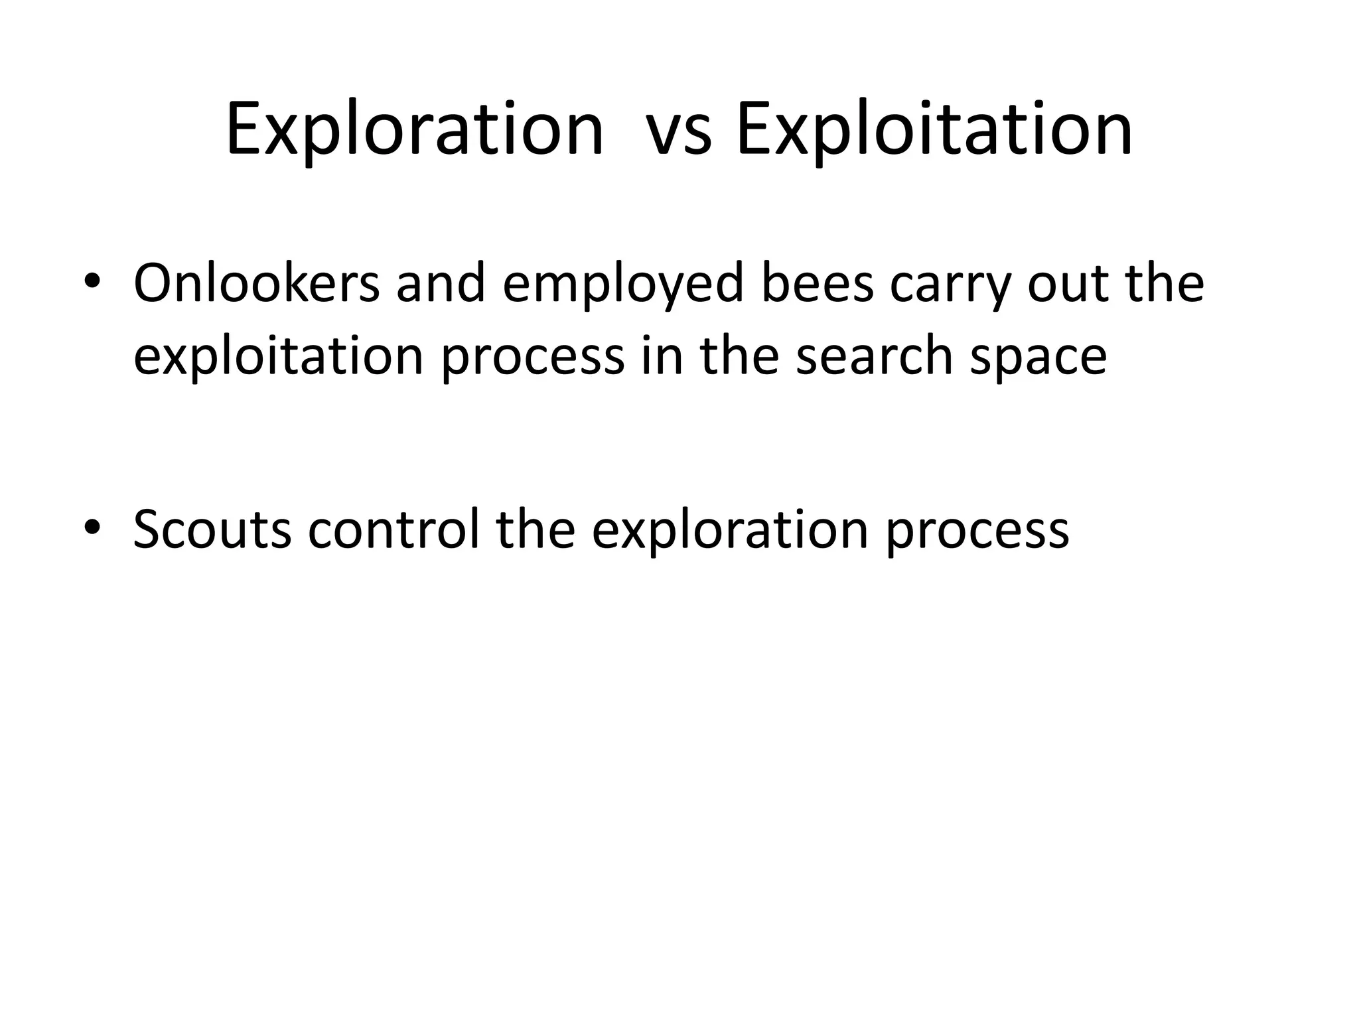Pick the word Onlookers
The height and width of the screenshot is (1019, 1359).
tap(256, 284)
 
